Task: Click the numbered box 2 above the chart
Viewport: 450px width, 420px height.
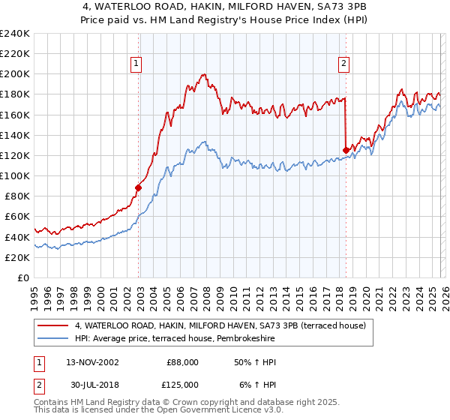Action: tap(343, 64)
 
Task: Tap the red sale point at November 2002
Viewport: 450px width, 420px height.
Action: tap(139, 187)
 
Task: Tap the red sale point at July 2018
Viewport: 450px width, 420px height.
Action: tap(346, 150)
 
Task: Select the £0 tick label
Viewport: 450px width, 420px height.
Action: tap(22, 277)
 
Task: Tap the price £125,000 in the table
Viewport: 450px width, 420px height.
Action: tap(182, 384)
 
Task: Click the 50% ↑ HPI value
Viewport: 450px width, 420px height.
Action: tap(254, 361)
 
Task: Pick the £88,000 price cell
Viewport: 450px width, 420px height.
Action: tap(182, 361)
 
